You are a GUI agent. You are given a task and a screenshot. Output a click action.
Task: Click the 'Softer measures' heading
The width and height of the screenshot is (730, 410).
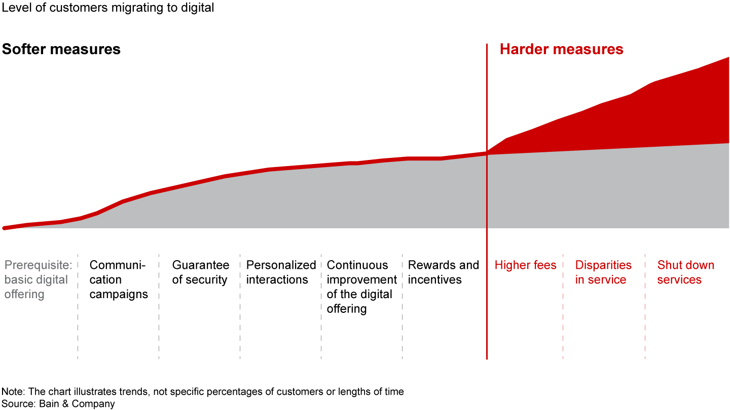coord(61,50)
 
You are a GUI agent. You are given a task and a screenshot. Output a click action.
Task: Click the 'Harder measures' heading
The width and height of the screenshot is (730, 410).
coord(562,50)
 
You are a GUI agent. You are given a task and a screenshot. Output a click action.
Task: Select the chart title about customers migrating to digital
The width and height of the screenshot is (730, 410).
coord(108,8)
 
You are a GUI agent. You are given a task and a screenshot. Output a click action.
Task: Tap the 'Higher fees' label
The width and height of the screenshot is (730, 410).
coord(525,265)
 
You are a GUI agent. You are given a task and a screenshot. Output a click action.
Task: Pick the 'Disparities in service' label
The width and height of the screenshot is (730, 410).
coord(603,272)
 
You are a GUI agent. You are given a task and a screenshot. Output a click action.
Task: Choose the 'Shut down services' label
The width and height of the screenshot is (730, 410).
coord(686,272)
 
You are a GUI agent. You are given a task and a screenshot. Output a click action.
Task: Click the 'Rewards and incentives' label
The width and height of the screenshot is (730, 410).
coord(444,272)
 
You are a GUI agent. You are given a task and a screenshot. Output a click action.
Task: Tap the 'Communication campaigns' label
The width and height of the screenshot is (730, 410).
coord(119,280)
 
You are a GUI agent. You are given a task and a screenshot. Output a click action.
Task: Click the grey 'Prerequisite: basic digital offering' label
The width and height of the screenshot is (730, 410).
coord(39,280)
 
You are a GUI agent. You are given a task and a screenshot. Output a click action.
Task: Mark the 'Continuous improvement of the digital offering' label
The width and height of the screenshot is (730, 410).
coord(362,287)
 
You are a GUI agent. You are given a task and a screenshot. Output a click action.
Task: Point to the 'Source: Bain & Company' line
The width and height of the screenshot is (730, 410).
coord(58,404)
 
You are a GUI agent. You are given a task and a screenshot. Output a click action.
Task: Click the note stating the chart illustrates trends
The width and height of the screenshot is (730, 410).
coord(203,391)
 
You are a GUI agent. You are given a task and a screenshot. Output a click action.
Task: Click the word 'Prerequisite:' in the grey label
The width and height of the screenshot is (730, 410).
coord(39,265)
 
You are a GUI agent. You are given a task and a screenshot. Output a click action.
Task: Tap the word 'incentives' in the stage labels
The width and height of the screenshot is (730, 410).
coord(435,280)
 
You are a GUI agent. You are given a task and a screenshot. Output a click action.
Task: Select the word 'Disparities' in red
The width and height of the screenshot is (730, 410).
coord(603,265)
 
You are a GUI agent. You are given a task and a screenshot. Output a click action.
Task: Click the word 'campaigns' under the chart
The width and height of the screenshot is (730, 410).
coord(119,295)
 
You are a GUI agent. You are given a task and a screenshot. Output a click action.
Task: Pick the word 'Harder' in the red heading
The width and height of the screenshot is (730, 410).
coord(524,50)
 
